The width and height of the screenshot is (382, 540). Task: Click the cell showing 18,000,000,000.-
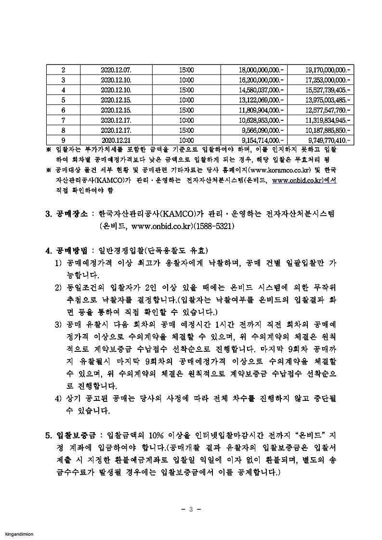[262, 70]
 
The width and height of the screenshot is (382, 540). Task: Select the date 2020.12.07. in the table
[112, 70]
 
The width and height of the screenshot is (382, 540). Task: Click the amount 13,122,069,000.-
[262, 100]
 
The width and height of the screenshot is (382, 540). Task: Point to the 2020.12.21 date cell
[112, 141]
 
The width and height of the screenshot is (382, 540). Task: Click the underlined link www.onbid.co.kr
[304, 180]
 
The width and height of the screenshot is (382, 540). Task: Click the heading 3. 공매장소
[67, 213]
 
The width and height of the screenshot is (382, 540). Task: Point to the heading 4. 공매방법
[67, 250]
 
